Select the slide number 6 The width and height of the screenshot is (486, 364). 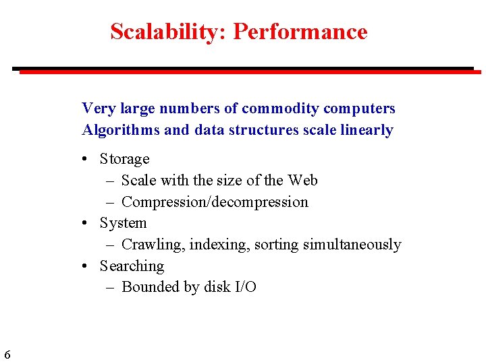coord(7,355)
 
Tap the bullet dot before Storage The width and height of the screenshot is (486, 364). coord(85,160)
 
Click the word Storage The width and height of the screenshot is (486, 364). coord(124,159)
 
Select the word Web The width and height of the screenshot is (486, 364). coord(302,180)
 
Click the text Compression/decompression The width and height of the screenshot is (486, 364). coord(215,202)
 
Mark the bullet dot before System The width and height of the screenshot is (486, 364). coord(85,223)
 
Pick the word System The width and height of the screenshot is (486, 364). coord(123,222)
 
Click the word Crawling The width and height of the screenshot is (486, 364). coord(153,244)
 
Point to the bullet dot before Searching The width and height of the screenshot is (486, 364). coord(85,266)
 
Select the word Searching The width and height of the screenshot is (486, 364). coord(132,266)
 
